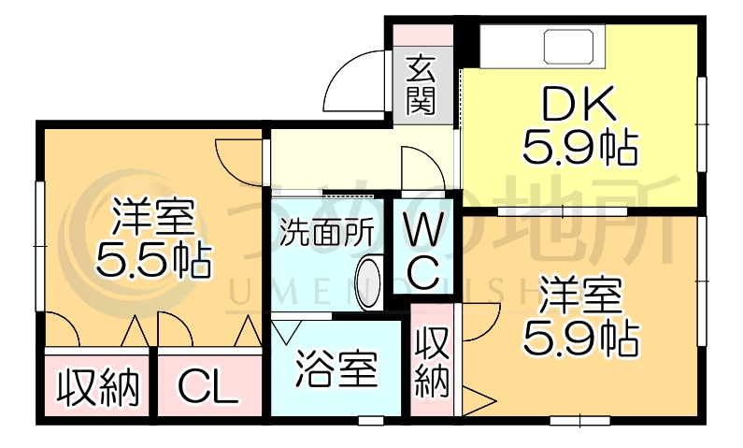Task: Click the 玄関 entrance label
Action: coord(422,85)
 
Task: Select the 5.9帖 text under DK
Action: coord(579,149)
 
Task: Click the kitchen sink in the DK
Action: coord(572,45)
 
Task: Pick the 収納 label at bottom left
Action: coord(99,384)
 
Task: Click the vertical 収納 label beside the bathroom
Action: coord(432,362)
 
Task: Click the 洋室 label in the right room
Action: coord(579,298)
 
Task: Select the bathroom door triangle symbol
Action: coord(287,331)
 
